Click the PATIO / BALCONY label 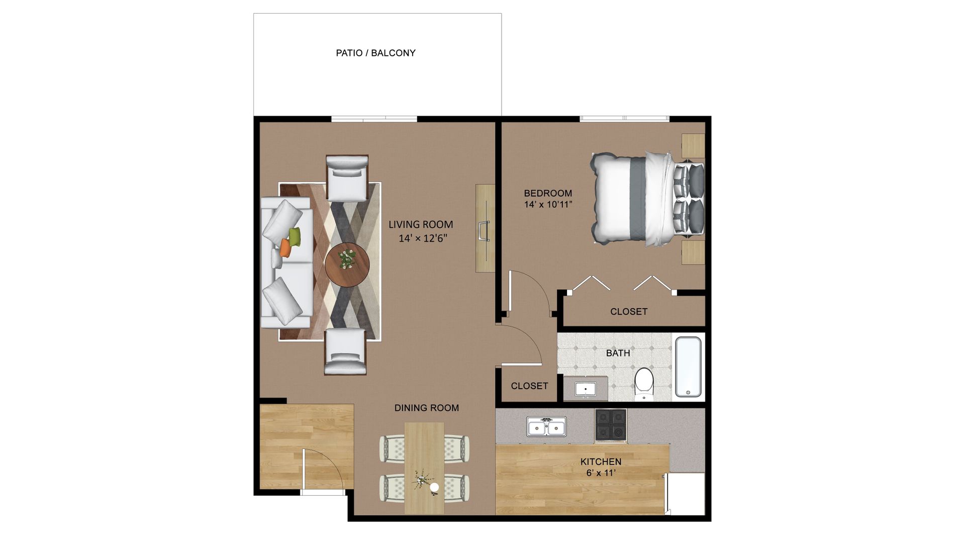coord(375,53)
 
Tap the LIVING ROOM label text coord(421,225)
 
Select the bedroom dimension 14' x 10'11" coord(548,205)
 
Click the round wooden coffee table coord(347,265)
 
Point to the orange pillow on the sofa coord(285,248)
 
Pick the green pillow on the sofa coord(295,236)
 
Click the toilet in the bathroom coord(644,384)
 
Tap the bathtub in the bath coord(688,367)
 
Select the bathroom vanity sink coord(586,389)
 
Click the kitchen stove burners coord(611,424)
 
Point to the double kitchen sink coord(546,427)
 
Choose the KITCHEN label coord(601,462)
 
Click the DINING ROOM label coord(426,408)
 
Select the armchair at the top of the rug coord(347,178)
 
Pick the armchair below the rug coord(345,351)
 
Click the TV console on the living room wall coord(485,228)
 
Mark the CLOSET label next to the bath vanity coord(529,386)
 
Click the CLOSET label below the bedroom coord(629,311)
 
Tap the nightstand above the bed coord(693,146)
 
